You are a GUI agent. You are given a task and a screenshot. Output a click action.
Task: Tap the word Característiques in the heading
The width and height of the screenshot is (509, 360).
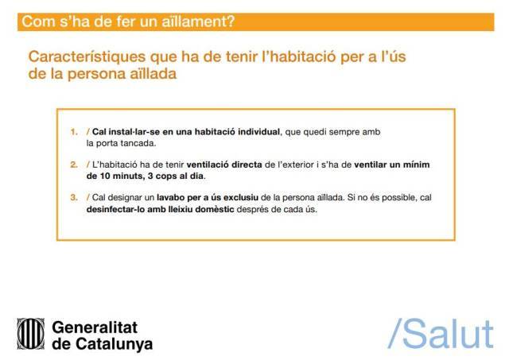(87, 56)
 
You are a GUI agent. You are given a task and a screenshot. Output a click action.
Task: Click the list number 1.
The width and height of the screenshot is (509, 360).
(74, 132)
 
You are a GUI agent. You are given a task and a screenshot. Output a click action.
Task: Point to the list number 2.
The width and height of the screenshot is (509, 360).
(74, 165)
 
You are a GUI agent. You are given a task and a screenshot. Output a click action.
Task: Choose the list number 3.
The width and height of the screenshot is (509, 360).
(74, 198)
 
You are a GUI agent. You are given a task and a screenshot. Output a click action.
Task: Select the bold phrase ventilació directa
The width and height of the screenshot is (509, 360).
(224, 165)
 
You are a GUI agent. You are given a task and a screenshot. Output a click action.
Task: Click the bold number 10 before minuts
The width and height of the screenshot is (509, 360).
(105, 176)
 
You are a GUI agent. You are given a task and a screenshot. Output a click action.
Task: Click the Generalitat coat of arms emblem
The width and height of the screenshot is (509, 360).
(31, 334)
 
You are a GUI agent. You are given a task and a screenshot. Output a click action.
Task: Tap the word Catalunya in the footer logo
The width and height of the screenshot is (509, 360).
(115, 344)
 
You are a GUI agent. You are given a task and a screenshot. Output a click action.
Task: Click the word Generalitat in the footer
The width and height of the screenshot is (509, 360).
(95, 327)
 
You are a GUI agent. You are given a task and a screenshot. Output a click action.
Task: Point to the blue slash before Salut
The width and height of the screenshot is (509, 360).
(395, 334)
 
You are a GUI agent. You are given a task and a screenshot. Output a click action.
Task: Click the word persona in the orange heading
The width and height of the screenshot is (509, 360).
(96, 74)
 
